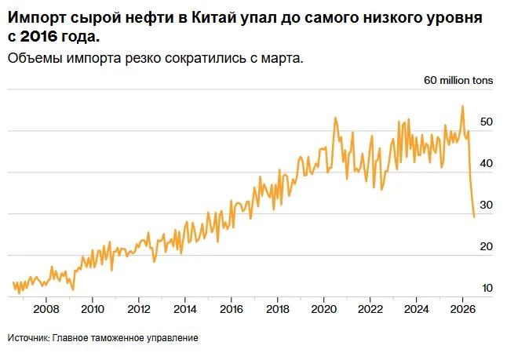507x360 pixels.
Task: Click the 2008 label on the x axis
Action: pos(46,309)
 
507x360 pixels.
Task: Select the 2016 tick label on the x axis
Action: pos(232,309)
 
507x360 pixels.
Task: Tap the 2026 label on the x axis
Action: pos(462,309)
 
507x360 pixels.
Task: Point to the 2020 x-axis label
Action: pos(323,309)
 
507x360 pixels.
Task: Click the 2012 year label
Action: pos(139,309)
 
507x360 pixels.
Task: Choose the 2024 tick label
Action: pos(416,309)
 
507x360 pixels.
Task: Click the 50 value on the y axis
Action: pos(487,122)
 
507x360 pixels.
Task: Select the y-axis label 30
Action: pos(487,205)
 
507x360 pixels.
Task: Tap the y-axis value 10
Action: pos(487,288)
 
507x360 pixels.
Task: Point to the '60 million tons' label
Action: pos(458,80)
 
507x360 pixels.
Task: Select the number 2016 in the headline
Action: pos(38,37)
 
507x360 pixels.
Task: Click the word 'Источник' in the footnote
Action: pos(29,338)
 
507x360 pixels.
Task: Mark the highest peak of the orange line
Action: pos(462,106)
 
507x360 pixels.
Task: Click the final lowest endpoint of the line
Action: pos(474,216)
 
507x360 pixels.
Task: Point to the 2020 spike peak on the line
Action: pos(335,118)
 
